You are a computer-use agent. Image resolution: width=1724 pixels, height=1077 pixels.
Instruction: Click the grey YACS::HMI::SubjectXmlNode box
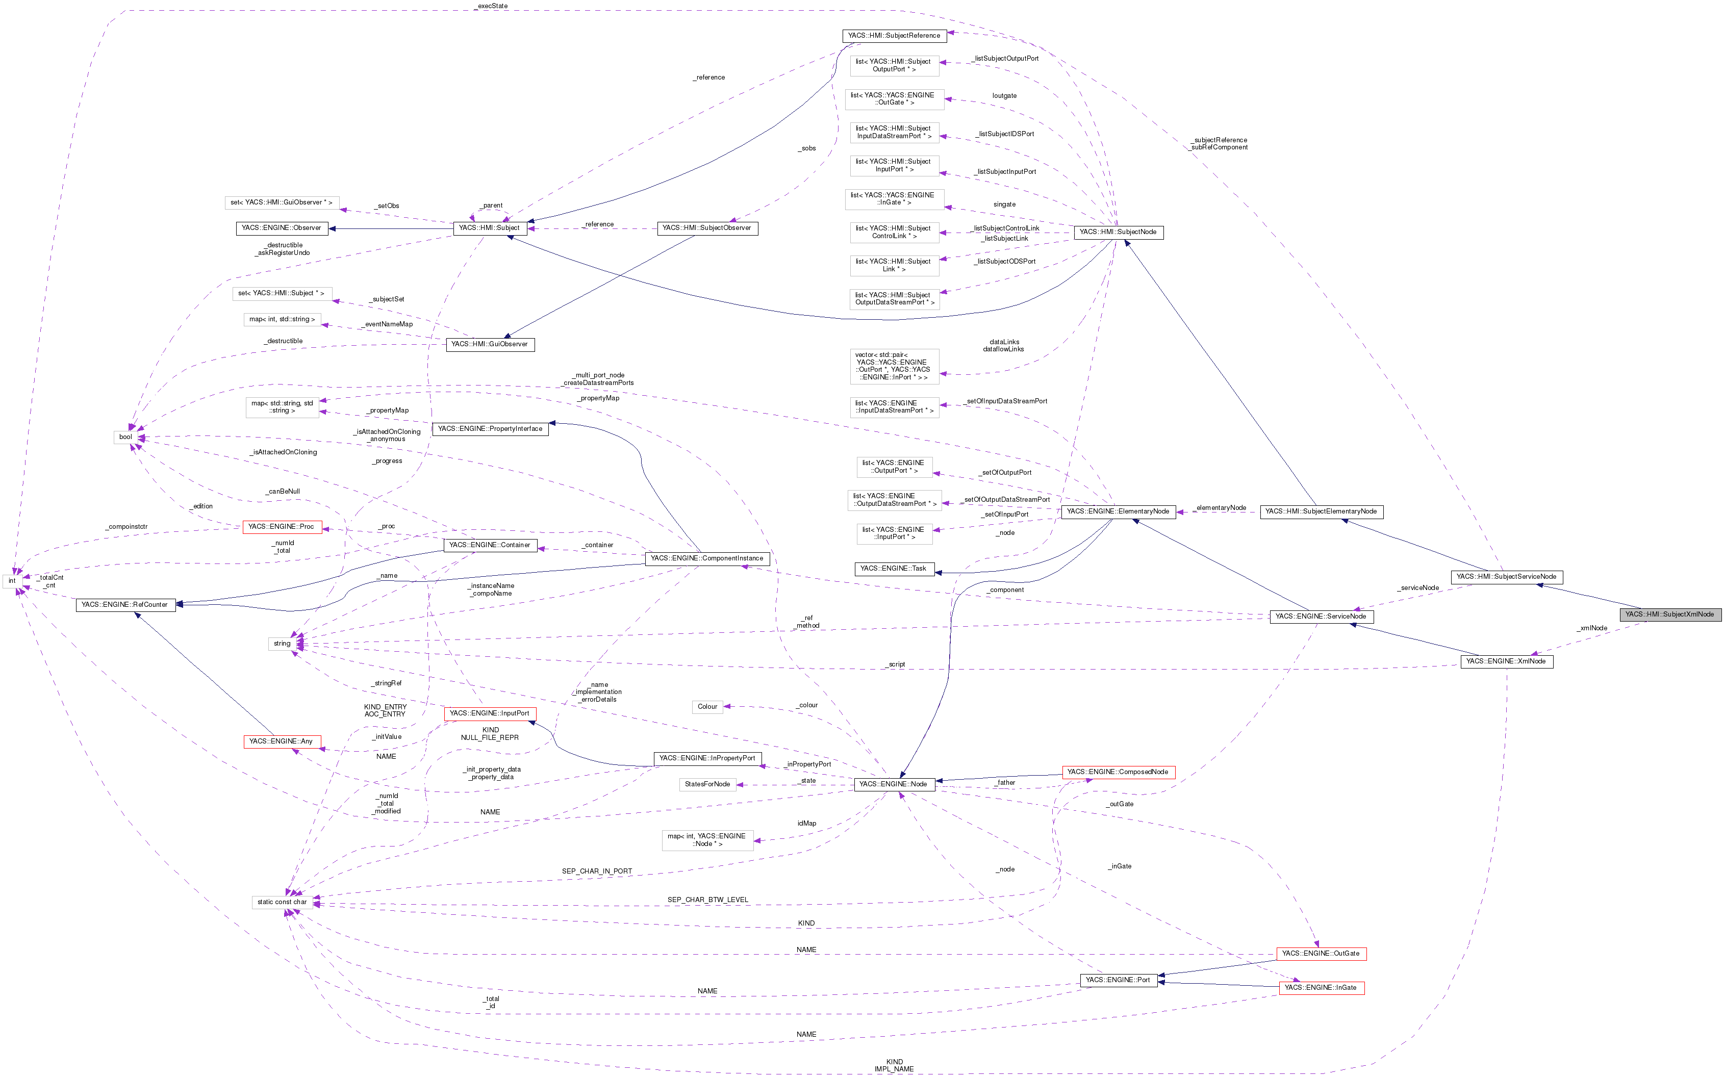click(x=1670, y=614)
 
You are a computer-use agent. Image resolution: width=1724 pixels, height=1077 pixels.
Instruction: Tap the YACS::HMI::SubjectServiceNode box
click(x=1507, y=577)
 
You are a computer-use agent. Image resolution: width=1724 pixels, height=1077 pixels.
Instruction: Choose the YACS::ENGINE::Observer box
click(x=282, y=228)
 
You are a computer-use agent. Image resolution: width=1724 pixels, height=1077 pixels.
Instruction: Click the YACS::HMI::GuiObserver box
click(x=490, y=345)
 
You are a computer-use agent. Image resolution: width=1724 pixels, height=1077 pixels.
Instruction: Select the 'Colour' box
click(x=707, y=707)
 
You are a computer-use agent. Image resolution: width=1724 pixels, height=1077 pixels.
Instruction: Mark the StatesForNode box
click(x=707, y=785)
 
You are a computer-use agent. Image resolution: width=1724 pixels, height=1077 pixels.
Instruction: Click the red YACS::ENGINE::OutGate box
click(x=1321, y=954)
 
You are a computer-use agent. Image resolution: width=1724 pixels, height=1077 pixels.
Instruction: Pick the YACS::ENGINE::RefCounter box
click(x=124, y=605)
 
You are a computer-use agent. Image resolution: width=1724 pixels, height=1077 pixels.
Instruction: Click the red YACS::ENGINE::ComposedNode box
click(x=1118, y=772)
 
